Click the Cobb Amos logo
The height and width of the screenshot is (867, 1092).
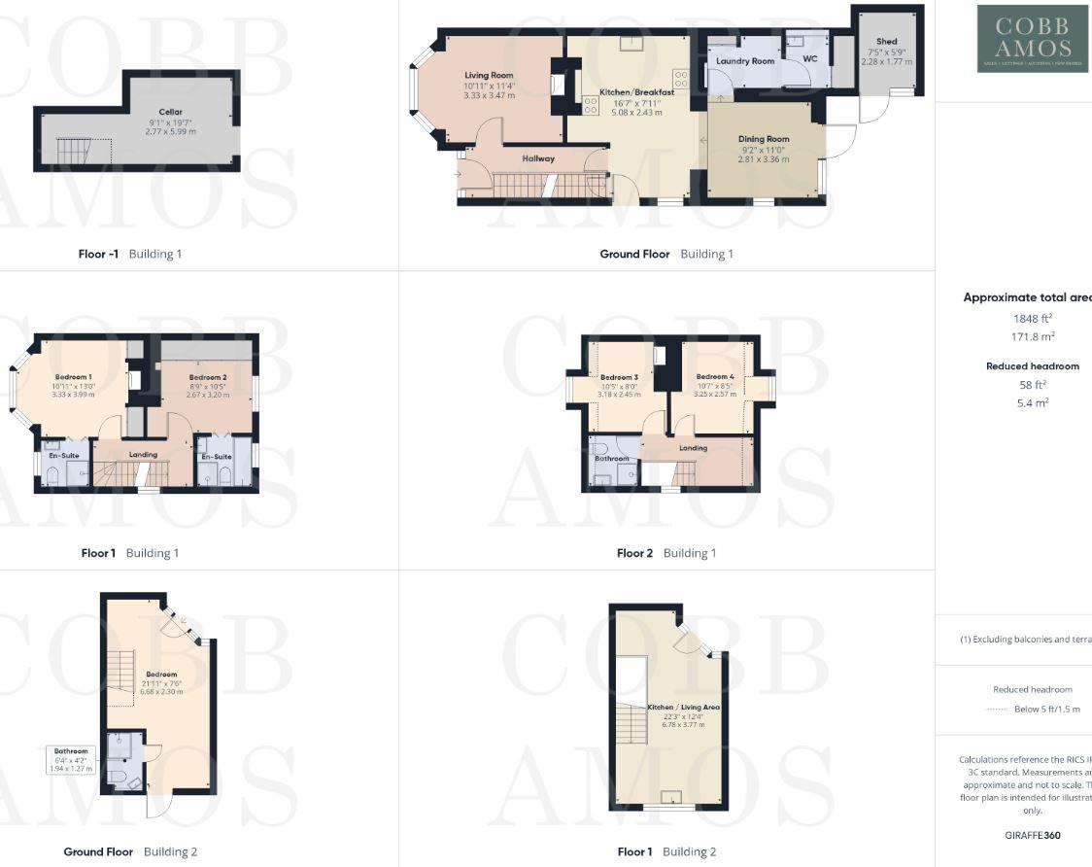point(1033,39)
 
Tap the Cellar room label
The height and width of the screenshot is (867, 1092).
point(171,112)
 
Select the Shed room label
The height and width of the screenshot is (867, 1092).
point(886,42)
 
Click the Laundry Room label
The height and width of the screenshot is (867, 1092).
point(745,61)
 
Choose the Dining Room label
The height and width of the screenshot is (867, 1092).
point(764,139)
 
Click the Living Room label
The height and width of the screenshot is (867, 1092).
point(489,75)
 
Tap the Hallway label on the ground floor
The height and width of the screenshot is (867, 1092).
point(538,158)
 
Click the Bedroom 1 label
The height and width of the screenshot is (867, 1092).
point(73,377)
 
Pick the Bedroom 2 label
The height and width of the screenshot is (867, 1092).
point(208,377)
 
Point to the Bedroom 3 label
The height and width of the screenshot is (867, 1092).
point(619,377)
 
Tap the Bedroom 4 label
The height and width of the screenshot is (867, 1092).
point(715,376)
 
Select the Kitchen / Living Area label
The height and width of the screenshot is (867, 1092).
point(684,708)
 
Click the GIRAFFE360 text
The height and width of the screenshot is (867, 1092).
point(1033,835)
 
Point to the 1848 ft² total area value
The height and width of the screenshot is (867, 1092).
point(1033,318)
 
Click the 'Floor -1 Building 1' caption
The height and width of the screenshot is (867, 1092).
point(130,254)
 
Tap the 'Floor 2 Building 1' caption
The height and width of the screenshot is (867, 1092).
point(666,553)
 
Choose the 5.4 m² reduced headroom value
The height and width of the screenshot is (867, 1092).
point(1033,402)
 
